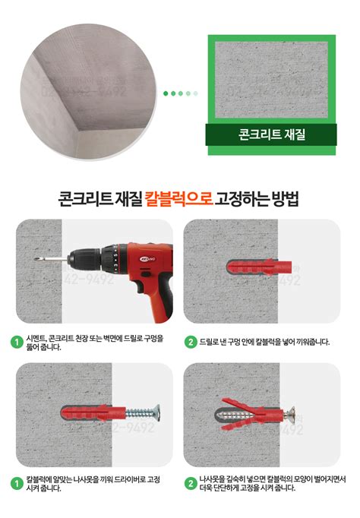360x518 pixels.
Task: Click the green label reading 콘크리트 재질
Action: (272, 137)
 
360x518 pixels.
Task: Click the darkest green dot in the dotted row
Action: (166, 93)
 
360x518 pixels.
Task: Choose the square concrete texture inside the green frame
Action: (272, 80)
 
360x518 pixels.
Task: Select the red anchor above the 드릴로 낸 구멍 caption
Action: (259, 267)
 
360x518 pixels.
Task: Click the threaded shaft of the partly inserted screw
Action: (137, 415)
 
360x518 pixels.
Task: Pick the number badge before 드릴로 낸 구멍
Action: (190, 342)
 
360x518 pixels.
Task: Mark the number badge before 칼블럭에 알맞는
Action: (16, 483)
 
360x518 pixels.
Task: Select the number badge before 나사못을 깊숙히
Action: (190, 483)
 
